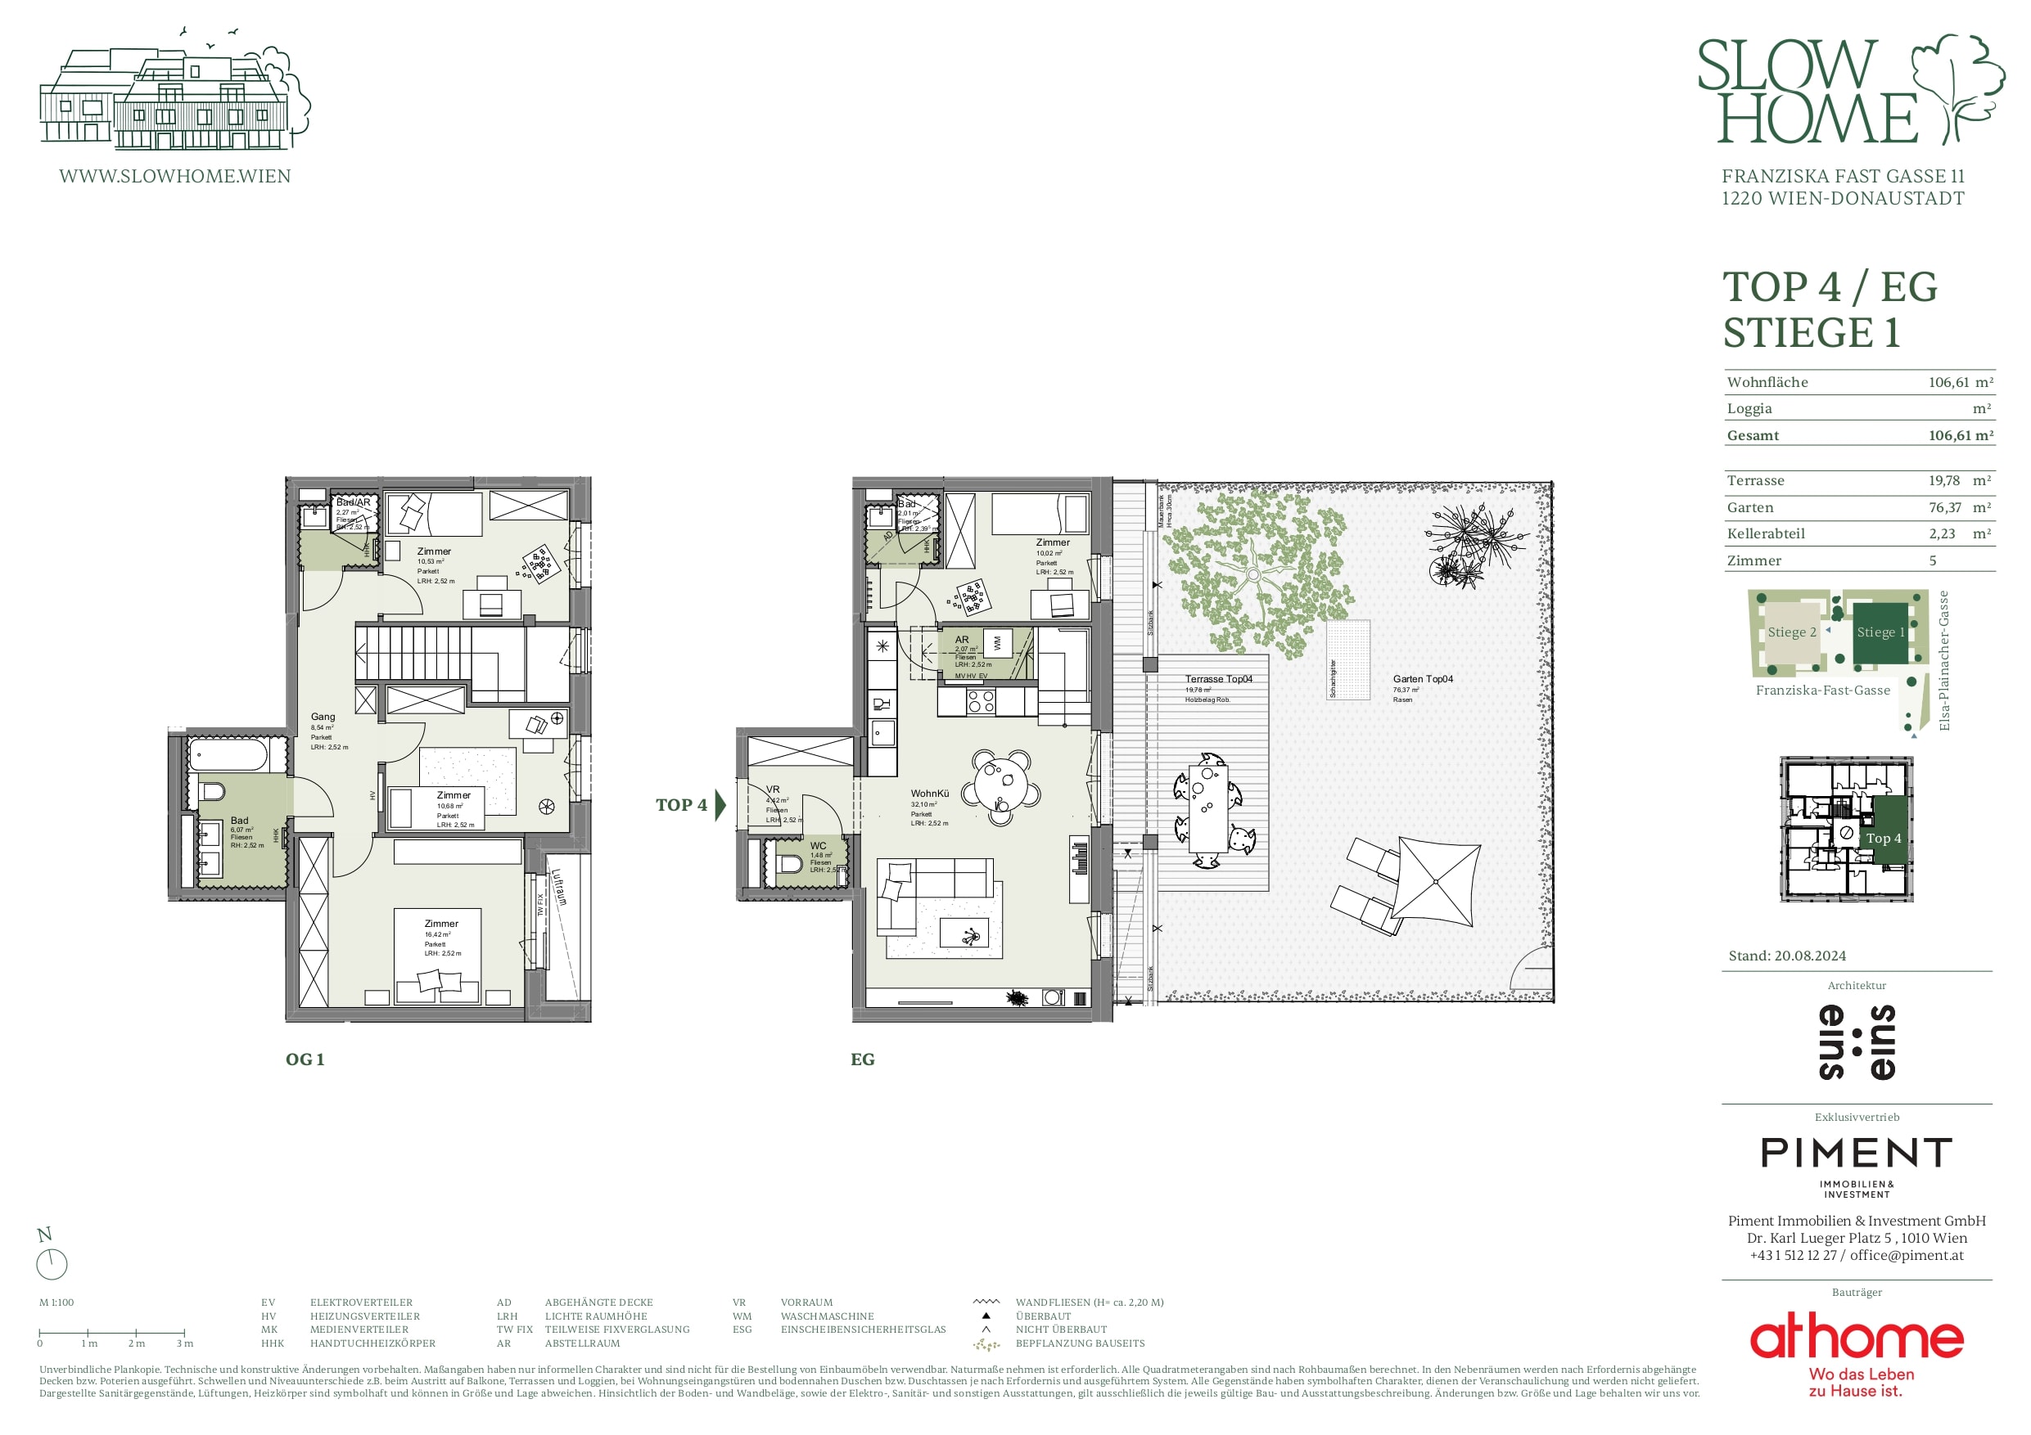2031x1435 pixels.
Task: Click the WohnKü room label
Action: [930, 793]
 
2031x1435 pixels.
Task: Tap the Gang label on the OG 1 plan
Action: [323, 717]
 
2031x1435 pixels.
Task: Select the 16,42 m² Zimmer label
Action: [441, 923]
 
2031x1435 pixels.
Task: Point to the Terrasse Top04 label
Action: [1218, 679]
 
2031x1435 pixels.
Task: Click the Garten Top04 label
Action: [1423, 679]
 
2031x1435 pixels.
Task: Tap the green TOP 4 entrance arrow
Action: [720, 804]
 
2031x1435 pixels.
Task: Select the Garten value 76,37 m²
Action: [1958, 507]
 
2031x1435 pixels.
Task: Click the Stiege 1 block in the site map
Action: [1880, 633]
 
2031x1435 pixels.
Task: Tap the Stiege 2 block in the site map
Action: [1791, 633]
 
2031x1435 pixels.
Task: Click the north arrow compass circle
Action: [52, 1264]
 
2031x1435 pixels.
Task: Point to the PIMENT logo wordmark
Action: [1857, 1153]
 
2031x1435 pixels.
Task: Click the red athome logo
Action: [1856, 1338]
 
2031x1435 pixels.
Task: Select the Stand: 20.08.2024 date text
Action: [1787, 956]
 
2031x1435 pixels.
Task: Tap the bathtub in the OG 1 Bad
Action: [227, 757]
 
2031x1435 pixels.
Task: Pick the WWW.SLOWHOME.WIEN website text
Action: [175, 176]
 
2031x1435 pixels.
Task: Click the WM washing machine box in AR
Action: [997, 643]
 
